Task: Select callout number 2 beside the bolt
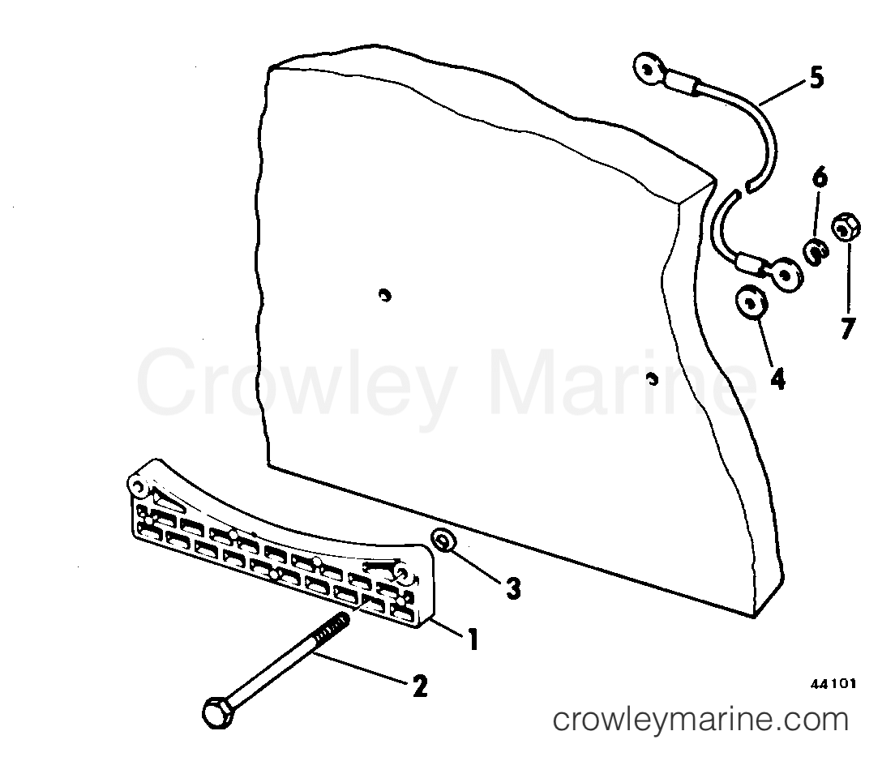(420, 686)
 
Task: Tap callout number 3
(513, 588)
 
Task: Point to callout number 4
(777, 378)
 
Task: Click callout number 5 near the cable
(817, 78)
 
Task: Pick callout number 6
(820, 178)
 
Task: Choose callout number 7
(848, 328)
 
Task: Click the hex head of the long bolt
(218, 712)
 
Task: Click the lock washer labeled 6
(817, 253)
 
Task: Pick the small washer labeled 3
(443, 541)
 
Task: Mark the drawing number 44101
(833, 684)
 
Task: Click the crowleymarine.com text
(700, 720)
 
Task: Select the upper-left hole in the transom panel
(385, 296)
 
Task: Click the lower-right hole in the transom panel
(653, 378)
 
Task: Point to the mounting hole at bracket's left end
(137, 485)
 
